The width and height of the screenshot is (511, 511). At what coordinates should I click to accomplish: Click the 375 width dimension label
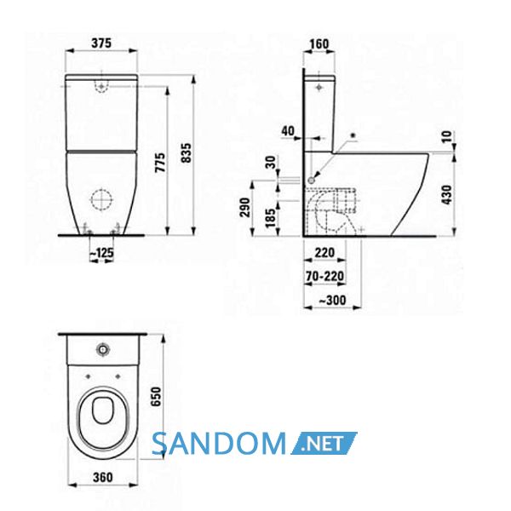tap(101, 43)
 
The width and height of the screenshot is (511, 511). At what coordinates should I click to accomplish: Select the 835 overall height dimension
tap(187, 152)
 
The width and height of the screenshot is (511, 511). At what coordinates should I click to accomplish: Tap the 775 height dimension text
tap(160, 163)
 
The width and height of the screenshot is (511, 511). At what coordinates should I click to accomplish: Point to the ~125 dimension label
tap(101, 252)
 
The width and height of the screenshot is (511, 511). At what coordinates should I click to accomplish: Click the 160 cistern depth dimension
tap(319, 43)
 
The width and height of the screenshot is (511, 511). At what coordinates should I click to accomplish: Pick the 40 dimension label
tap(288, 131)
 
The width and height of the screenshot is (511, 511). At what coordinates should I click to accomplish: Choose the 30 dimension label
tap(271, 163)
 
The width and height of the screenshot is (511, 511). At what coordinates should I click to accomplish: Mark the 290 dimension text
tap(244, 207)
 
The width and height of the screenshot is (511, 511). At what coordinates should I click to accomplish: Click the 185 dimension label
tap(271, 218)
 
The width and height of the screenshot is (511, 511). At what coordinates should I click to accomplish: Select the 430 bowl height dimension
tap(447, 195)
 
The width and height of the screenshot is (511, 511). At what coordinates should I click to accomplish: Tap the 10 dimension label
tap(447, 136)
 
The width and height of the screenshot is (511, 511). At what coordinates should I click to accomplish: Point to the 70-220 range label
tap(324, 276)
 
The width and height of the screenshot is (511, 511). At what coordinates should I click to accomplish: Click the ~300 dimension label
tap(332, 300)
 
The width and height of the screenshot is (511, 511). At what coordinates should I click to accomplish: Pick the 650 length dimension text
tap(157, 396)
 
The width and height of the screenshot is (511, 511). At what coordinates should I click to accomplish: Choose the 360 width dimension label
tap(103, 478)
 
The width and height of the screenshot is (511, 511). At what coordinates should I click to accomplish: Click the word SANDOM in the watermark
tap(219, 443)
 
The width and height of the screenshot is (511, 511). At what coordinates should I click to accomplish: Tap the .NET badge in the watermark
tap(324, 443)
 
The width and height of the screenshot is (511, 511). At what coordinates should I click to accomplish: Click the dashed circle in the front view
tap(101, 199)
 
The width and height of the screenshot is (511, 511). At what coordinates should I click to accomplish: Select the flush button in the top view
tap(103, 350)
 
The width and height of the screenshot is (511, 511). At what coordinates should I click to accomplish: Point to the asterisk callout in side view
tap(352, 135)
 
